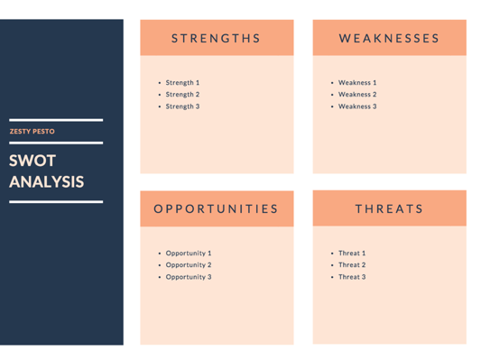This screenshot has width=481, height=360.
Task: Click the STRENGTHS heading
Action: (x=217, y=39)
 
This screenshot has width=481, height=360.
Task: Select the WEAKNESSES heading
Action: (x=389, y=39)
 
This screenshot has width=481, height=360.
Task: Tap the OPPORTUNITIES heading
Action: (x=217, y=208)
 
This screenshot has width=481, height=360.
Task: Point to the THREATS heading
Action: (x=389, y=208)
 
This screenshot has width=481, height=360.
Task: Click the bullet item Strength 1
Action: (x=182, y=83)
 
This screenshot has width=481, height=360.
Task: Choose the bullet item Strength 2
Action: (x=182, y=95)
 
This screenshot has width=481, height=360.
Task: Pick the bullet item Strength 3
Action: (x=182, y=106)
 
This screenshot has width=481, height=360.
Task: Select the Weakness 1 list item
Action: (x=357, y=83)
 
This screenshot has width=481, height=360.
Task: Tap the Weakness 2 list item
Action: (x=357, y=95)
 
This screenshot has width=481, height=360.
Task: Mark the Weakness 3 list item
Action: (x=357, y=106)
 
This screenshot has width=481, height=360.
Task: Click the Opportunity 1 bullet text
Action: (x=188, y=254)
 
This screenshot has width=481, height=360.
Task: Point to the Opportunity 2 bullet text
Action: (x=188, y=265)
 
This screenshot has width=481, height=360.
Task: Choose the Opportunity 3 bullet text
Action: (x=188, y=277)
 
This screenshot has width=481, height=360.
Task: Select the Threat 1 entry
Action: (x=352, y=254)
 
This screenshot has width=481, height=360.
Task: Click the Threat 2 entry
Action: (x=352, y=265)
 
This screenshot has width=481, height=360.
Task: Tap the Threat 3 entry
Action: (x=352, y=277)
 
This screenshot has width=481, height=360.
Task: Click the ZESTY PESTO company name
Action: (x=32, y=132)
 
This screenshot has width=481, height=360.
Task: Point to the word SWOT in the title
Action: (x=33, y=162)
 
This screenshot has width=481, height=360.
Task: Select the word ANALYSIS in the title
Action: (x=47, y=181)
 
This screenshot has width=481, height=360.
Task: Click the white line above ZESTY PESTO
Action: (x=56, y=120)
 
